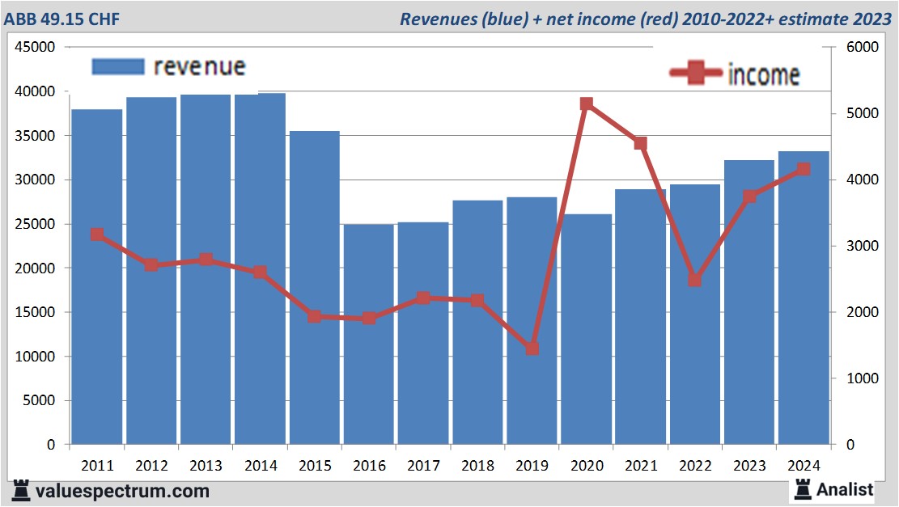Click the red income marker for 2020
point(587,104)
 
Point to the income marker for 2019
point(532,349)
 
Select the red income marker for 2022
point(694,280)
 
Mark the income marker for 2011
point(97,234)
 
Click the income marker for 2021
point(641,143)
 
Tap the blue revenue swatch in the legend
point(118,66)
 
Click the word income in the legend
point(764,74)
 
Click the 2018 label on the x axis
point(477,466)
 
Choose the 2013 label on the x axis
point(206,466)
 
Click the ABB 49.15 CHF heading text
point(61,19)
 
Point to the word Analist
point(845,489)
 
